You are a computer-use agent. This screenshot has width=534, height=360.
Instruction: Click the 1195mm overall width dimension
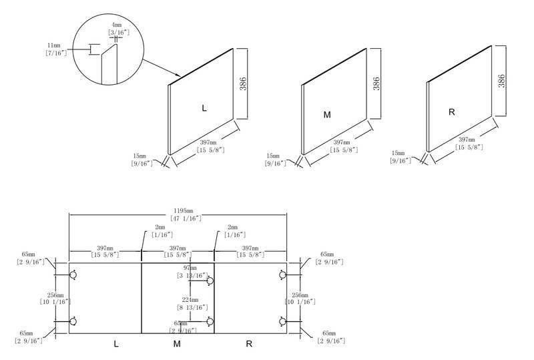pos(178,214)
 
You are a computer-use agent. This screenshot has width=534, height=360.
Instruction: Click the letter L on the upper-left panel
pos(204,108)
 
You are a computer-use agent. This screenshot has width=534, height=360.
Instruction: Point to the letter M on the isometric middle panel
pos(327,115)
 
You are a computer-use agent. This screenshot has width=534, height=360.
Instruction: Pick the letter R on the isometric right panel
pos(452,112)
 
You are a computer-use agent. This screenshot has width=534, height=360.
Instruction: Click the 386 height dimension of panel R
pos(501,81)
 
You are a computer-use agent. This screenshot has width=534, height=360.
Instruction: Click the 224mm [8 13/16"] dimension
pos(192,305)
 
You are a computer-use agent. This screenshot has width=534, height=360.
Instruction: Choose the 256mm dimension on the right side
pos(300,299)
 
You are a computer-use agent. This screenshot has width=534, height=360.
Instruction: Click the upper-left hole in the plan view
pos(74,274)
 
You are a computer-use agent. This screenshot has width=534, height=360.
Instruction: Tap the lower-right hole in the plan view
pos(282,322)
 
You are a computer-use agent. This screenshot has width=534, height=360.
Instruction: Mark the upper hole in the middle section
pos(210,281)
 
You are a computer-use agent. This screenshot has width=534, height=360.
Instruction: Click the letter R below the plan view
pos(249,345)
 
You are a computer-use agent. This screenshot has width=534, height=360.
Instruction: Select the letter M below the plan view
pos(177,345)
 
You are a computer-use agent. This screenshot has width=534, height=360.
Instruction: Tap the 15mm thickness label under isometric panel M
pos(274,158)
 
